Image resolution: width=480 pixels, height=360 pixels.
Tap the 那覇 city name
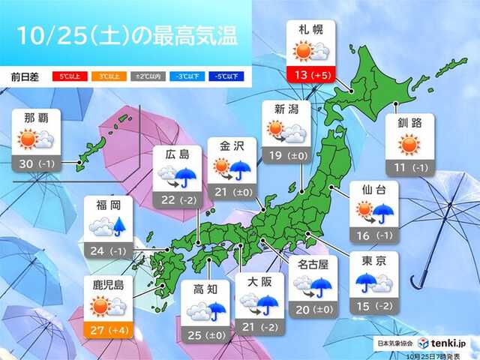pyautogui.click(x=38, y=118)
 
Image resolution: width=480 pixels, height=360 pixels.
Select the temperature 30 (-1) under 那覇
pyautogui.click(x=38, y=161)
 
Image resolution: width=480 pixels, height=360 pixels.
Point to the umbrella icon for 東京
pyautogui.click(x=367, y=282)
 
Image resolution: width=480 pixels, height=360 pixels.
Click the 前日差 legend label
pyautogui.click(x=27, y=76)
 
